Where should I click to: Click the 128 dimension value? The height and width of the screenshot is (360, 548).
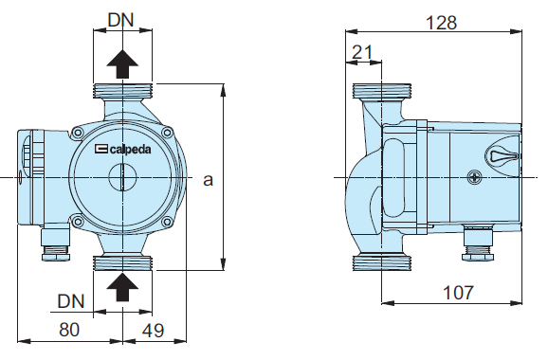441,23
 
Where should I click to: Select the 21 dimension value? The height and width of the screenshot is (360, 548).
362,52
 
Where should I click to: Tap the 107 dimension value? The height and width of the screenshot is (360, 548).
458,292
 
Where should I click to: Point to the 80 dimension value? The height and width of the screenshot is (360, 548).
69,330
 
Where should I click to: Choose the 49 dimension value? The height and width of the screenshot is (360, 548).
154,330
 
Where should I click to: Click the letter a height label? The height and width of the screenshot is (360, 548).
208,180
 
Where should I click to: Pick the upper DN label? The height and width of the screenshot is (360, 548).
121,20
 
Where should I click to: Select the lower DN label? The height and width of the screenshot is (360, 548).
71,301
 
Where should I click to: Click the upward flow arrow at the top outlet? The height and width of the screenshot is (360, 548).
122,64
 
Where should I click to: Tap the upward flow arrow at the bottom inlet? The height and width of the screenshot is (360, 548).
122,287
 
